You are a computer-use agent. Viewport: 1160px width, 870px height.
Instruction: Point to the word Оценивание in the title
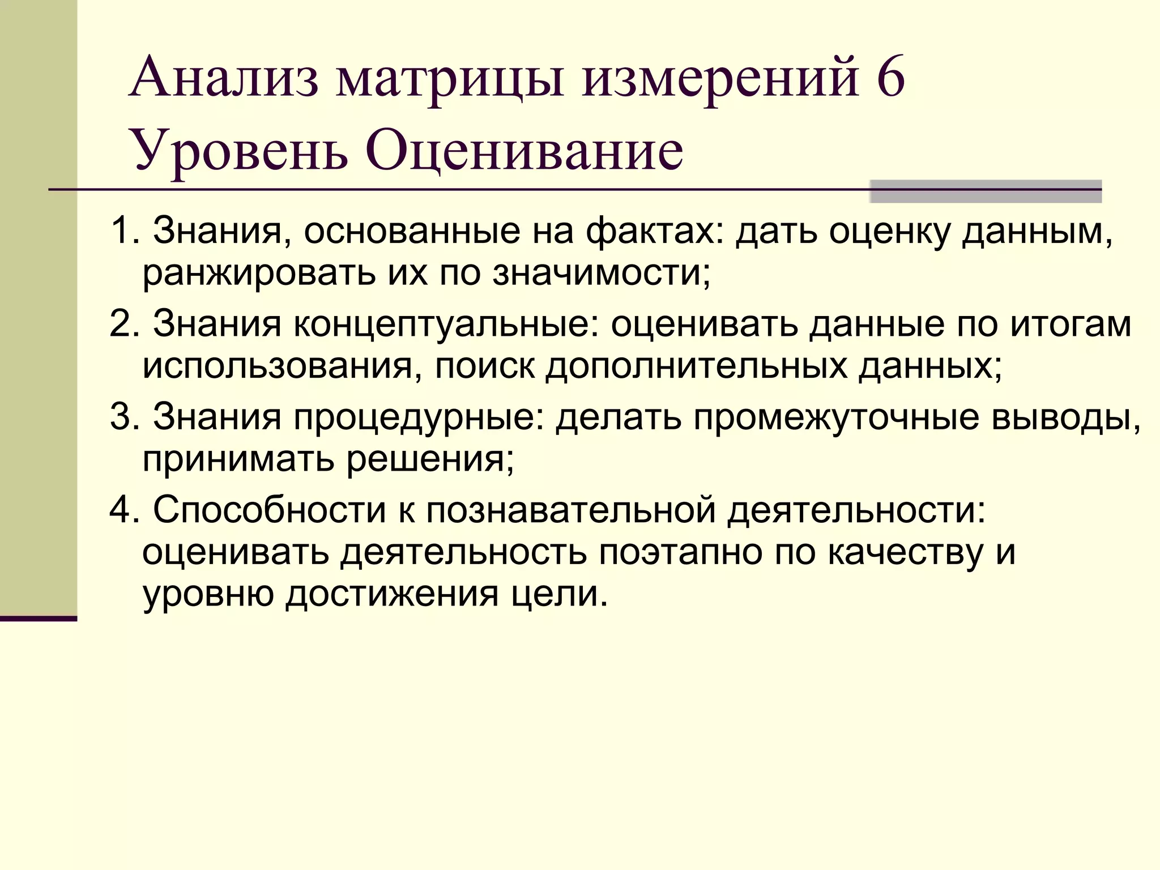[524, 152]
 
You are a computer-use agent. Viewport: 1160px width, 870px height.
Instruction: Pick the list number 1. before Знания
[125, 231]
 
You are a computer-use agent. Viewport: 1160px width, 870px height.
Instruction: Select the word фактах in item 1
[655, 232]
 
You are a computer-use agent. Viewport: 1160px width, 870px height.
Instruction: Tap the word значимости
[601, 273]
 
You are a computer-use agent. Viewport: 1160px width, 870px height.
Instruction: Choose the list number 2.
[125, 324]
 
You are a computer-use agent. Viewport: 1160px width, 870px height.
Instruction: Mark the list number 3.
[125, 416]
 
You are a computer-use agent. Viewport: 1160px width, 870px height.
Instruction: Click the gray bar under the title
[985, 191]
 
